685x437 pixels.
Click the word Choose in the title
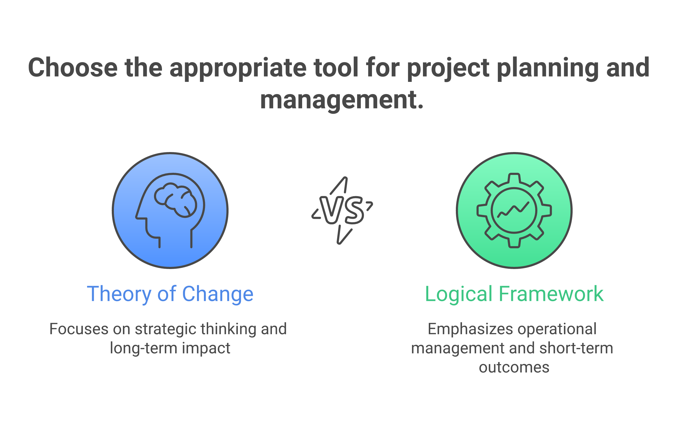click(73, 68)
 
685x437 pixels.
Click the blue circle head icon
click(170, 211)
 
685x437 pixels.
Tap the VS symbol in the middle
click(342, 210)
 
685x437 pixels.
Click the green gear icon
click(514, 211)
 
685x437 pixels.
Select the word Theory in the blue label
click(119, 294)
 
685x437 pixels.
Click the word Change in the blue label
click(218, 294)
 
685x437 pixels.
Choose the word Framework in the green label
click(551, 294)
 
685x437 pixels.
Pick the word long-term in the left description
click(143, 348)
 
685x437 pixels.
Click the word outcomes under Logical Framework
click(514, 367)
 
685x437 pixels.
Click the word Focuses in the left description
click(79, 329)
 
